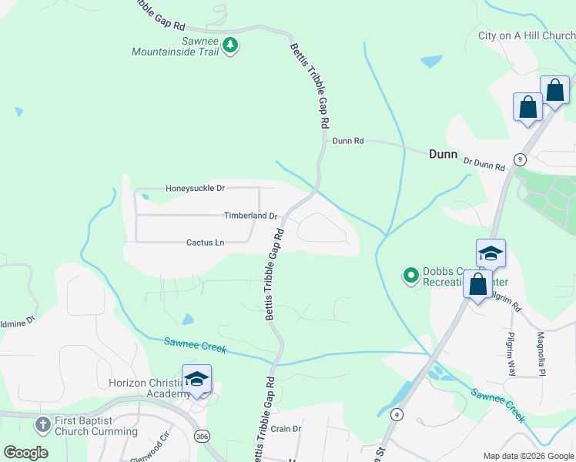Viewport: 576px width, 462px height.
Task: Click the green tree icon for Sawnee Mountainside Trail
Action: pos(229,46)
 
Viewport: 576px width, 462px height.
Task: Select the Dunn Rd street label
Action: pos(347,141)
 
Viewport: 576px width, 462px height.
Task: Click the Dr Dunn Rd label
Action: pos(484,164)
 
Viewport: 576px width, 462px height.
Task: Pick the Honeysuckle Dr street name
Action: pos(195,188)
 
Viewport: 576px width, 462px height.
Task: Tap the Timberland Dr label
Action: pos(250,216)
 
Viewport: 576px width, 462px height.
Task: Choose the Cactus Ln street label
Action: pos(205,243)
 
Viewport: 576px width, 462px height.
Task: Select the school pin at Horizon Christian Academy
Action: pos(197,378)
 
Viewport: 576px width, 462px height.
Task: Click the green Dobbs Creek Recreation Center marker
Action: pos(411,273)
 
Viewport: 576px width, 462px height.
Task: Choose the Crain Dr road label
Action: pos(285,429)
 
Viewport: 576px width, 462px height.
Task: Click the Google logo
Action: pos(25,453)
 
